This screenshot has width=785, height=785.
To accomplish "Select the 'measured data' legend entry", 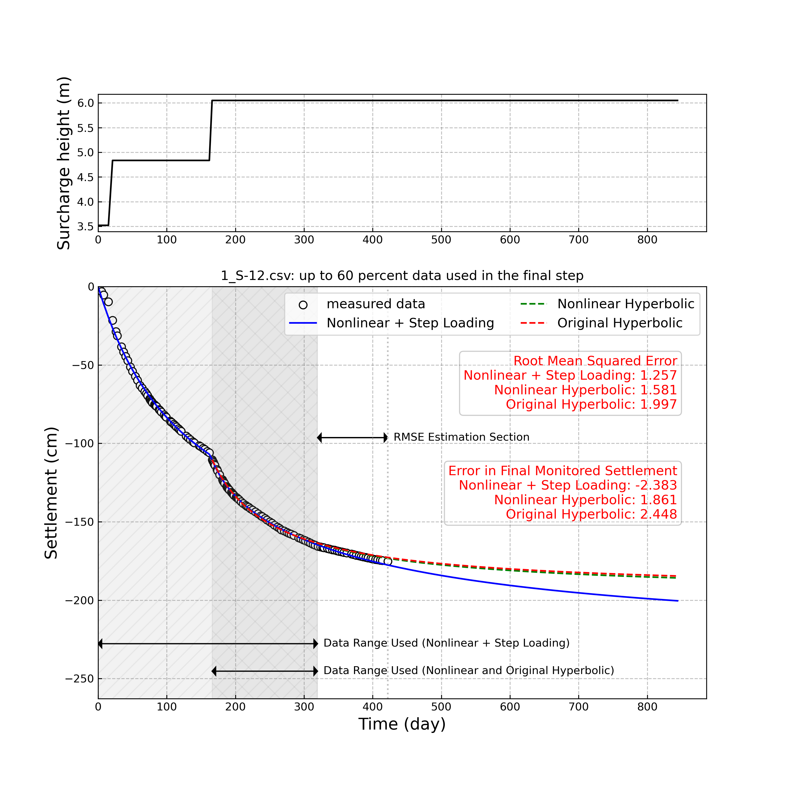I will click(x=375, y=304).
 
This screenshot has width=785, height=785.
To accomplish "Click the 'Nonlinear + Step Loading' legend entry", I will click(x=410, y=323).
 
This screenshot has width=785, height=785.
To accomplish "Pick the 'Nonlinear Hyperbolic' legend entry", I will click(x=625, y=304).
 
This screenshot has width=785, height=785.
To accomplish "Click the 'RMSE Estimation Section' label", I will click(x=461, y=437).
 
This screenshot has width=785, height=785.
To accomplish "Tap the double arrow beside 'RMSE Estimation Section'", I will click(x=352, y=438).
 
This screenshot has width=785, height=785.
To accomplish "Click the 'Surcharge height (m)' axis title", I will click(x=64, y=163).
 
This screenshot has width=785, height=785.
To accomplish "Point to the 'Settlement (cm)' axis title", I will click(x=51, y=493).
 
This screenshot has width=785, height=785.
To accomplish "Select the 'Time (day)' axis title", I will click(x=402, y=724).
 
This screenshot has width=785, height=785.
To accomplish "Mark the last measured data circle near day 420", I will click(x=388, y=562).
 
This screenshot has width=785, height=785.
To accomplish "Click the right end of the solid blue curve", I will click(x=678, y=601).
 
